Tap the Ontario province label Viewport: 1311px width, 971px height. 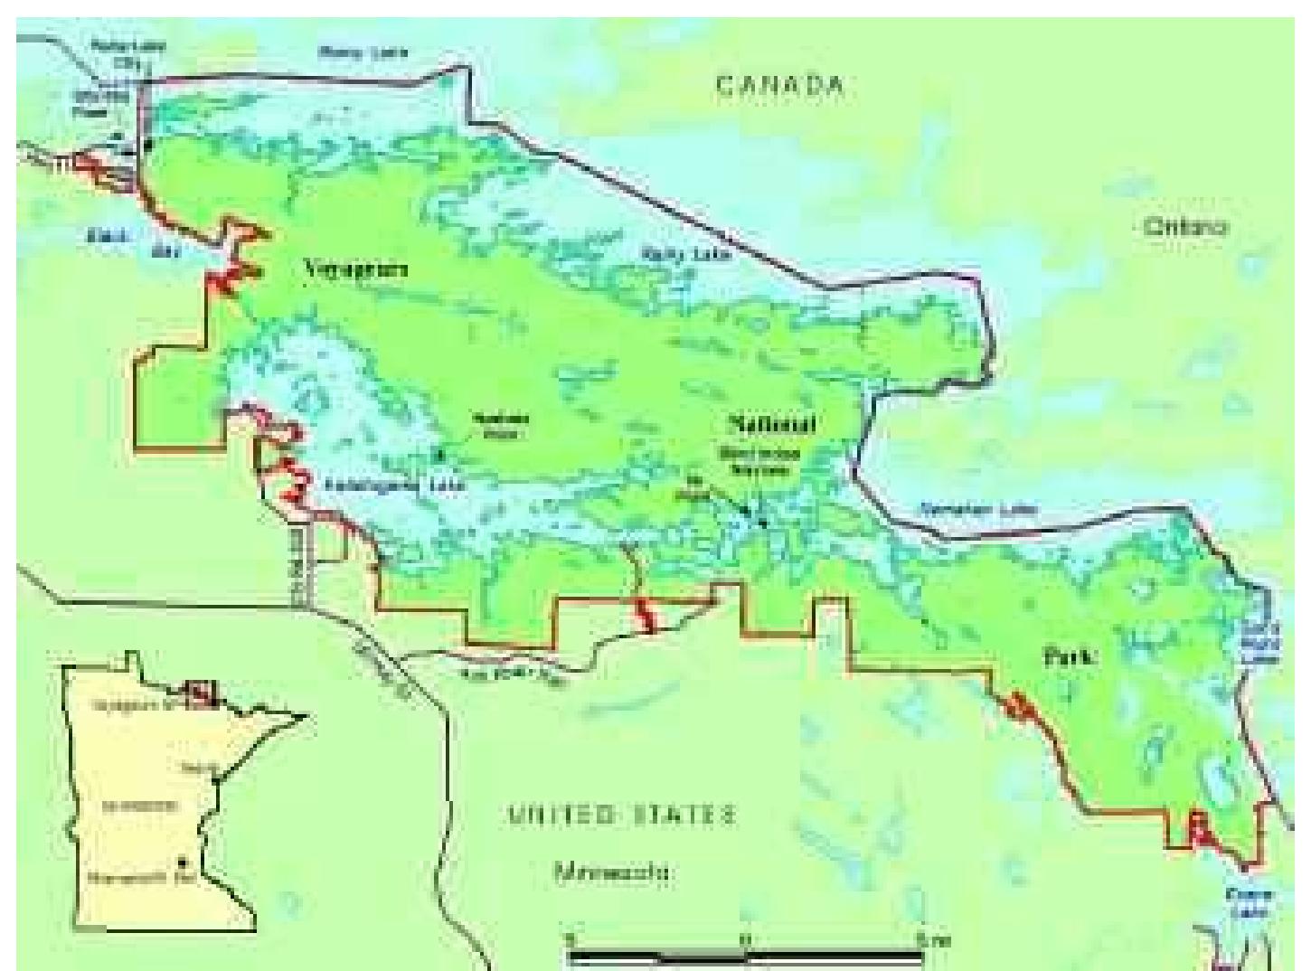click(1184, 227)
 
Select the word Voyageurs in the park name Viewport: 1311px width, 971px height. click(356, 269)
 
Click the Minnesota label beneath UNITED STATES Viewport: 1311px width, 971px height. click(612, 873)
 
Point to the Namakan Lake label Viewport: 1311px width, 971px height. click(978, 510)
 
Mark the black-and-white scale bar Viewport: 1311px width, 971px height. click(746, 953)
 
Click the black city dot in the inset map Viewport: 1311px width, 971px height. click(184, 860)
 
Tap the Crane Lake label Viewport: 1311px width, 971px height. click(1249, 900)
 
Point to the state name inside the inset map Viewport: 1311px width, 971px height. click(139, 805)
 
